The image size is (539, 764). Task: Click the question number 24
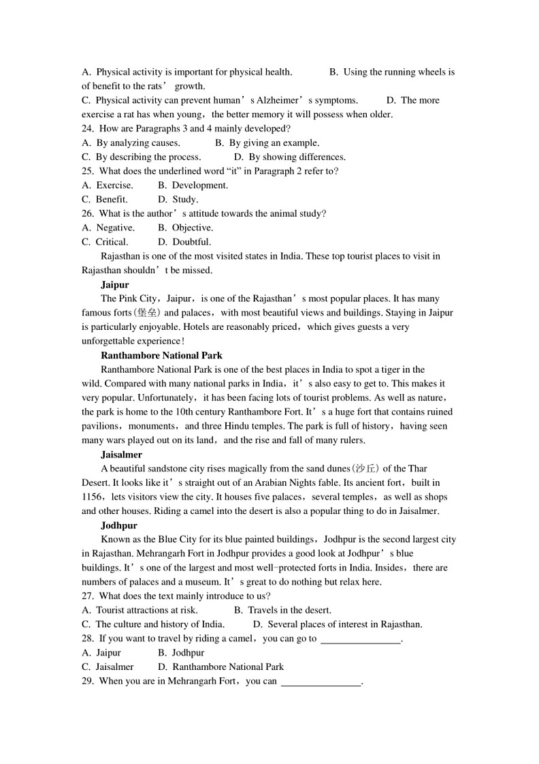click(x=87, y=128)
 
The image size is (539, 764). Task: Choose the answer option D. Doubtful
click(x=184, y=242)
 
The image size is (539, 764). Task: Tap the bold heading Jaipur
click(x=114, y=284)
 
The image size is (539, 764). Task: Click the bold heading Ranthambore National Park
click(x=161, y=355)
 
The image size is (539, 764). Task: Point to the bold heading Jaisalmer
click(x=121, y=454)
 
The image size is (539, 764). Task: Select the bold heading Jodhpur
click(x=119, y=525)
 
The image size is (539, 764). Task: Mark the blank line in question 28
click(x=361, y=640)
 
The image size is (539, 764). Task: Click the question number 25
click(x=87, y=171)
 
